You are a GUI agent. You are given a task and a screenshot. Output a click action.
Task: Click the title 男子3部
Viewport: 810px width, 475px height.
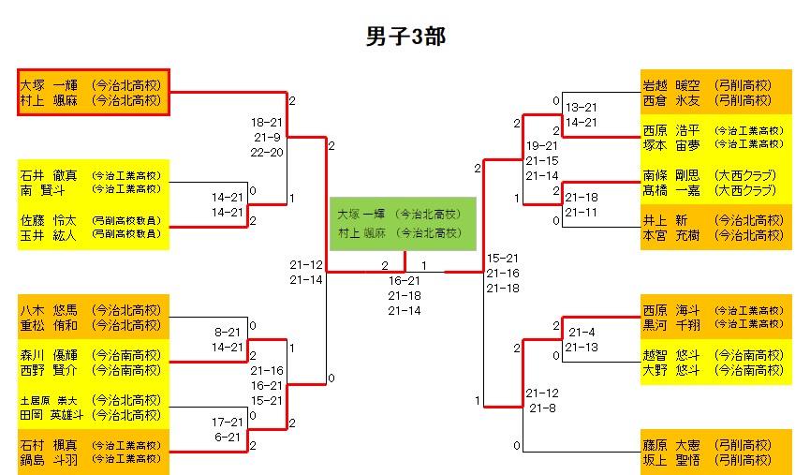click(x=405, y=37)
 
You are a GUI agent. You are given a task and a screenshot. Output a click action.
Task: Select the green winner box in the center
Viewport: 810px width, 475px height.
click(x=403, y=223)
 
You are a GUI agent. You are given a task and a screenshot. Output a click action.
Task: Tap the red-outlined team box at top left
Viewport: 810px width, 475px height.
click(x=93, y=92)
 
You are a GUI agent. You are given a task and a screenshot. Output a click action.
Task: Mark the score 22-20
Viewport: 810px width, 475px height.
click(x=267, y=152)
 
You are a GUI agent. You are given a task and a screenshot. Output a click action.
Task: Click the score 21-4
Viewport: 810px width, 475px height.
click(x=582, y=332)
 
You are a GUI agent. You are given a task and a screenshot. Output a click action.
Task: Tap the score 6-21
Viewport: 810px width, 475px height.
click(x=229, y=437)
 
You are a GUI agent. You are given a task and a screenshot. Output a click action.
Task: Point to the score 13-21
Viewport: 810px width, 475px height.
click(x=582, y=107)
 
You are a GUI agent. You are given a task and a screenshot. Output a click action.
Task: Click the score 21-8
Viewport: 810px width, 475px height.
click(x=543, y=408)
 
